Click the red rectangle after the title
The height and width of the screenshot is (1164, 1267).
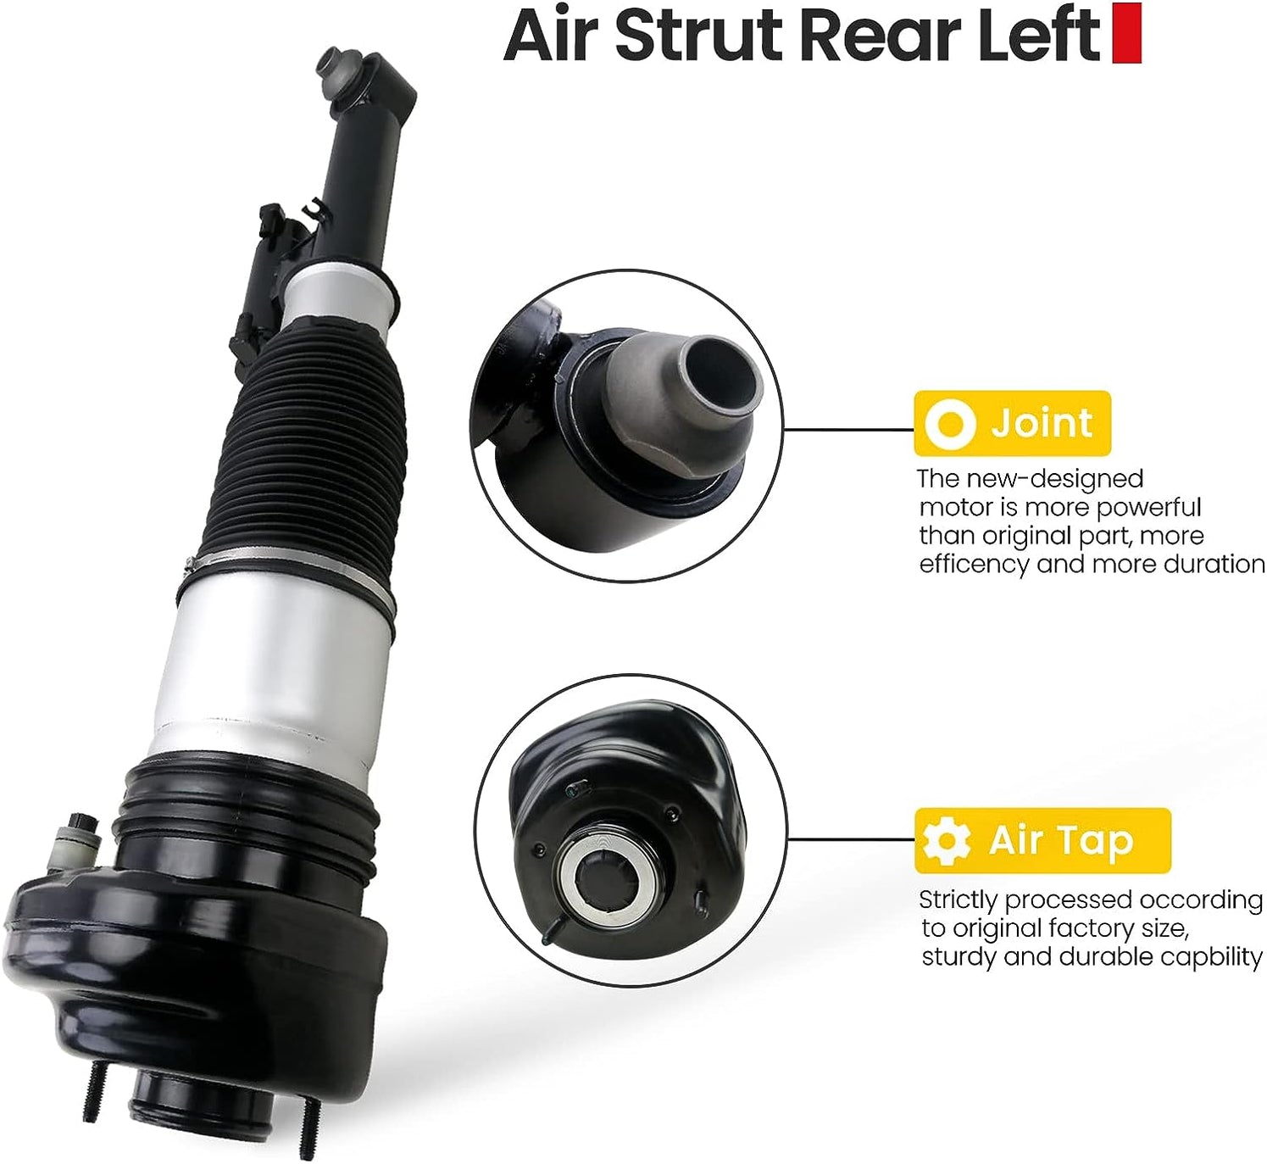[x=1126, y=34]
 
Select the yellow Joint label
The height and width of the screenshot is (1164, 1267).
[x=1012, y=423]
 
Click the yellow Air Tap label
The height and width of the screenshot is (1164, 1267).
[x=1042, y=841]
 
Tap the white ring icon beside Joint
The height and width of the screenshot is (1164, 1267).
[x=950, y=423]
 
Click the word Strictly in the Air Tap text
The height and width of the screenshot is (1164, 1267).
[x=959, y=899]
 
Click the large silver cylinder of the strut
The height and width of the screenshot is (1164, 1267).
[x=271, y=670]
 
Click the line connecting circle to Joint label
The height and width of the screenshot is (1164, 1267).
[x=847, y=430]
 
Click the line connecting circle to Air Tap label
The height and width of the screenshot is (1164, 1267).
[x=851, y=840]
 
